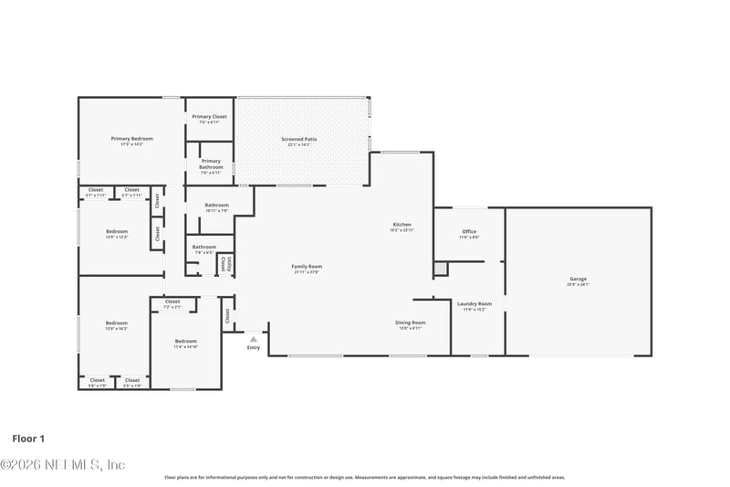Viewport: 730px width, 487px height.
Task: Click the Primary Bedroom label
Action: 132,139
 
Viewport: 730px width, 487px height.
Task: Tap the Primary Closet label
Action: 209,117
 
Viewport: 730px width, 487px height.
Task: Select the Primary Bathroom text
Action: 210,164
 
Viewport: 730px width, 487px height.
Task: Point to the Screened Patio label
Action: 298,139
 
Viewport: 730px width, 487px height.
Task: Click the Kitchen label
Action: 401,225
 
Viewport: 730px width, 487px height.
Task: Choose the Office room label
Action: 469,232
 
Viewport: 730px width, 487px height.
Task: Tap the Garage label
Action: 578,279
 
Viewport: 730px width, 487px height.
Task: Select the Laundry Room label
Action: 474,304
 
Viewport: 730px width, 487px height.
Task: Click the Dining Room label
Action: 411,323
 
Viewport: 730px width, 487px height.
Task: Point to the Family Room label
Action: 308,267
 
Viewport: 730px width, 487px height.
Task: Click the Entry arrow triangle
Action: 254,339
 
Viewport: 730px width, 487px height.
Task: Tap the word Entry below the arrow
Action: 254,347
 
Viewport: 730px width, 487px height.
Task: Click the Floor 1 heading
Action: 28,439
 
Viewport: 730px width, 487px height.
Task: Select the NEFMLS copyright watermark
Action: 63,465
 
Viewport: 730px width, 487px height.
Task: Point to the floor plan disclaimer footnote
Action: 364,477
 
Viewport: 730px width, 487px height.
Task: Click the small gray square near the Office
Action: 441,269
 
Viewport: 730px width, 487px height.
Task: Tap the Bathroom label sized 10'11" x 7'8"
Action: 216,206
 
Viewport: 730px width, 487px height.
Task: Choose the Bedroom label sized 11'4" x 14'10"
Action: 185,342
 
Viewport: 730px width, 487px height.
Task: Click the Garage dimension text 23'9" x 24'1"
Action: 578,285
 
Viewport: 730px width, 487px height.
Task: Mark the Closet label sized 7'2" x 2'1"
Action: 172,302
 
